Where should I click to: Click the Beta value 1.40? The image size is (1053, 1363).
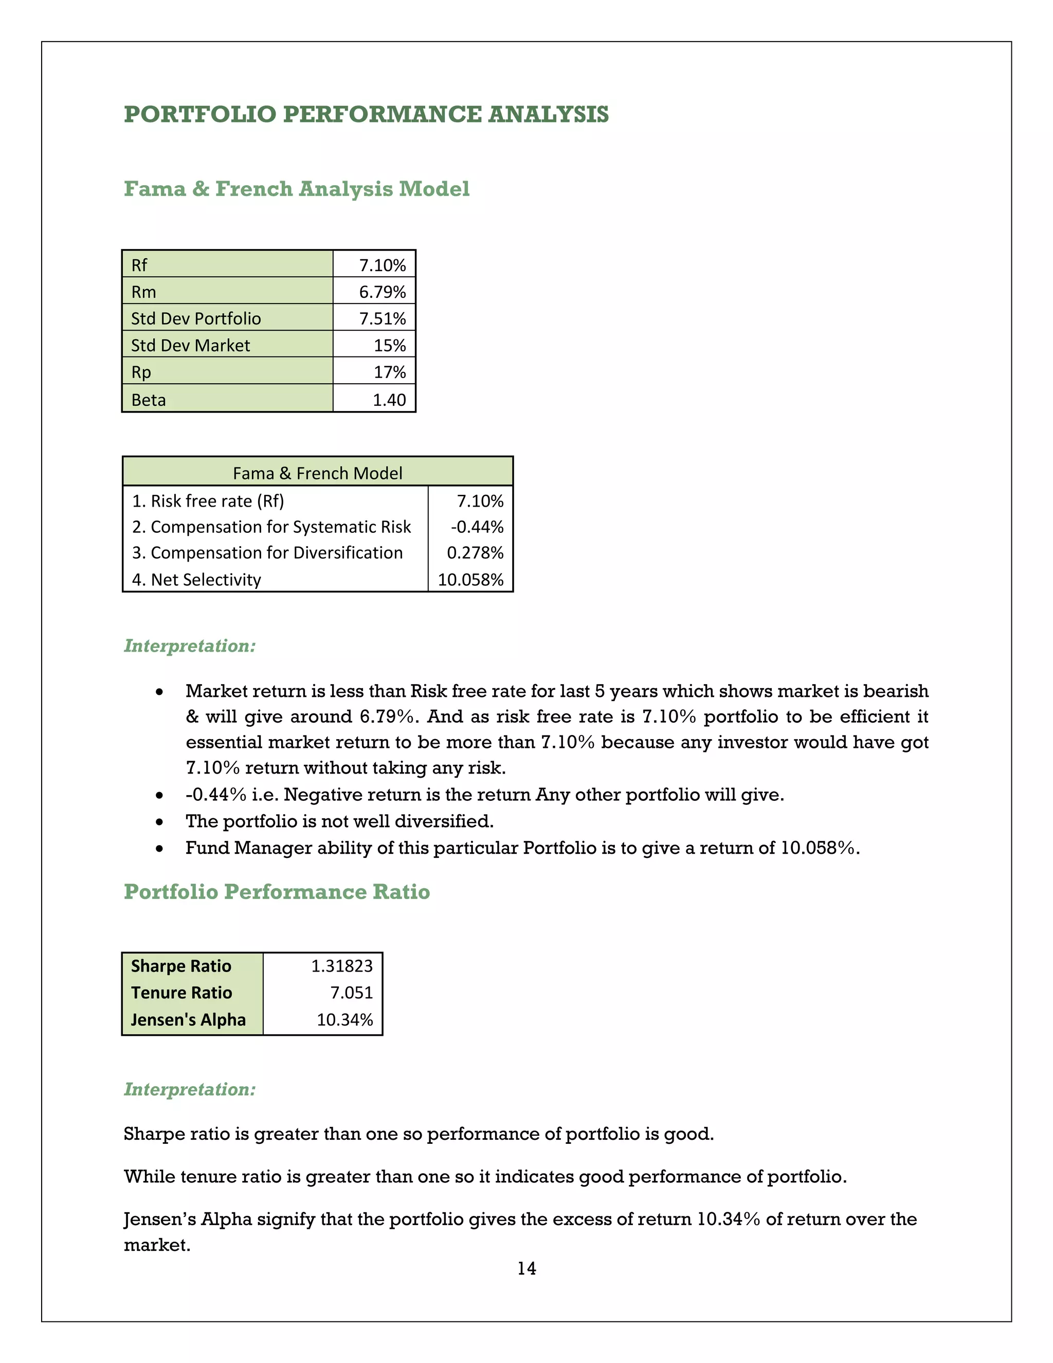(x=389, y=400)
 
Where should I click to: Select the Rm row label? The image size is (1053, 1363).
(x=143, y=292)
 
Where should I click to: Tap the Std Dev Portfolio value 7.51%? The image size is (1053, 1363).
(x=382, y=319)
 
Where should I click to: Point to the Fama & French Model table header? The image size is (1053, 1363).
(x=318, y=473)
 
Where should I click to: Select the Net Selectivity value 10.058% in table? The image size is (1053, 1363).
(x=470, y=580)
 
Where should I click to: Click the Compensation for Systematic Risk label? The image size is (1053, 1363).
(x=271, y=527)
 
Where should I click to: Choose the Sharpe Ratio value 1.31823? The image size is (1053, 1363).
(x=342, y=966)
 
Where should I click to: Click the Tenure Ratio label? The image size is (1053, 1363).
(x=181, y=993)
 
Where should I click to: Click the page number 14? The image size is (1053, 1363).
(x=526, y=1269)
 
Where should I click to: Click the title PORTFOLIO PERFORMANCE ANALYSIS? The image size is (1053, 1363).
(x=366, y=114)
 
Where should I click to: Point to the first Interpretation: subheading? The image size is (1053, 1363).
(x=190, y=646)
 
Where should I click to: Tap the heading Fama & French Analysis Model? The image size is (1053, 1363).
(x=296, y=188)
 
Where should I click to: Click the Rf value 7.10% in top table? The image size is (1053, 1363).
(x=382, y=265)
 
